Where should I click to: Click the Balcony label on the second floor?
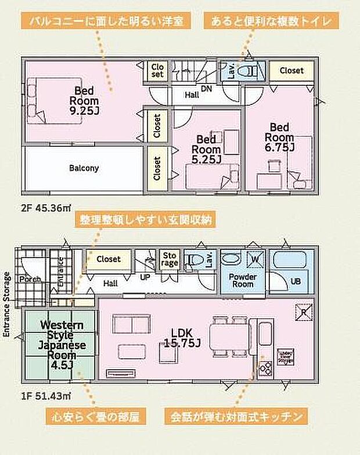point(84,168)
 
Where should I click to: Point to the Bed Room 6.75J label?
point(280,135)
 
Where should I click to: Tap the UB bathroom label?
point(296,281)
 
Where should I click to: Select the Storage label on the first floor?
point(170,259)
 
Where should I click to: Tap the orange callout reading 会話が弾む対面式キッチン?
point(235,417)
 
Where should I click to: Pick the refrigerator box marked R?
point(303,310)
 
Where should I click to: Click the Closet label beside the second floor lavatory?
point(291,70)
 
